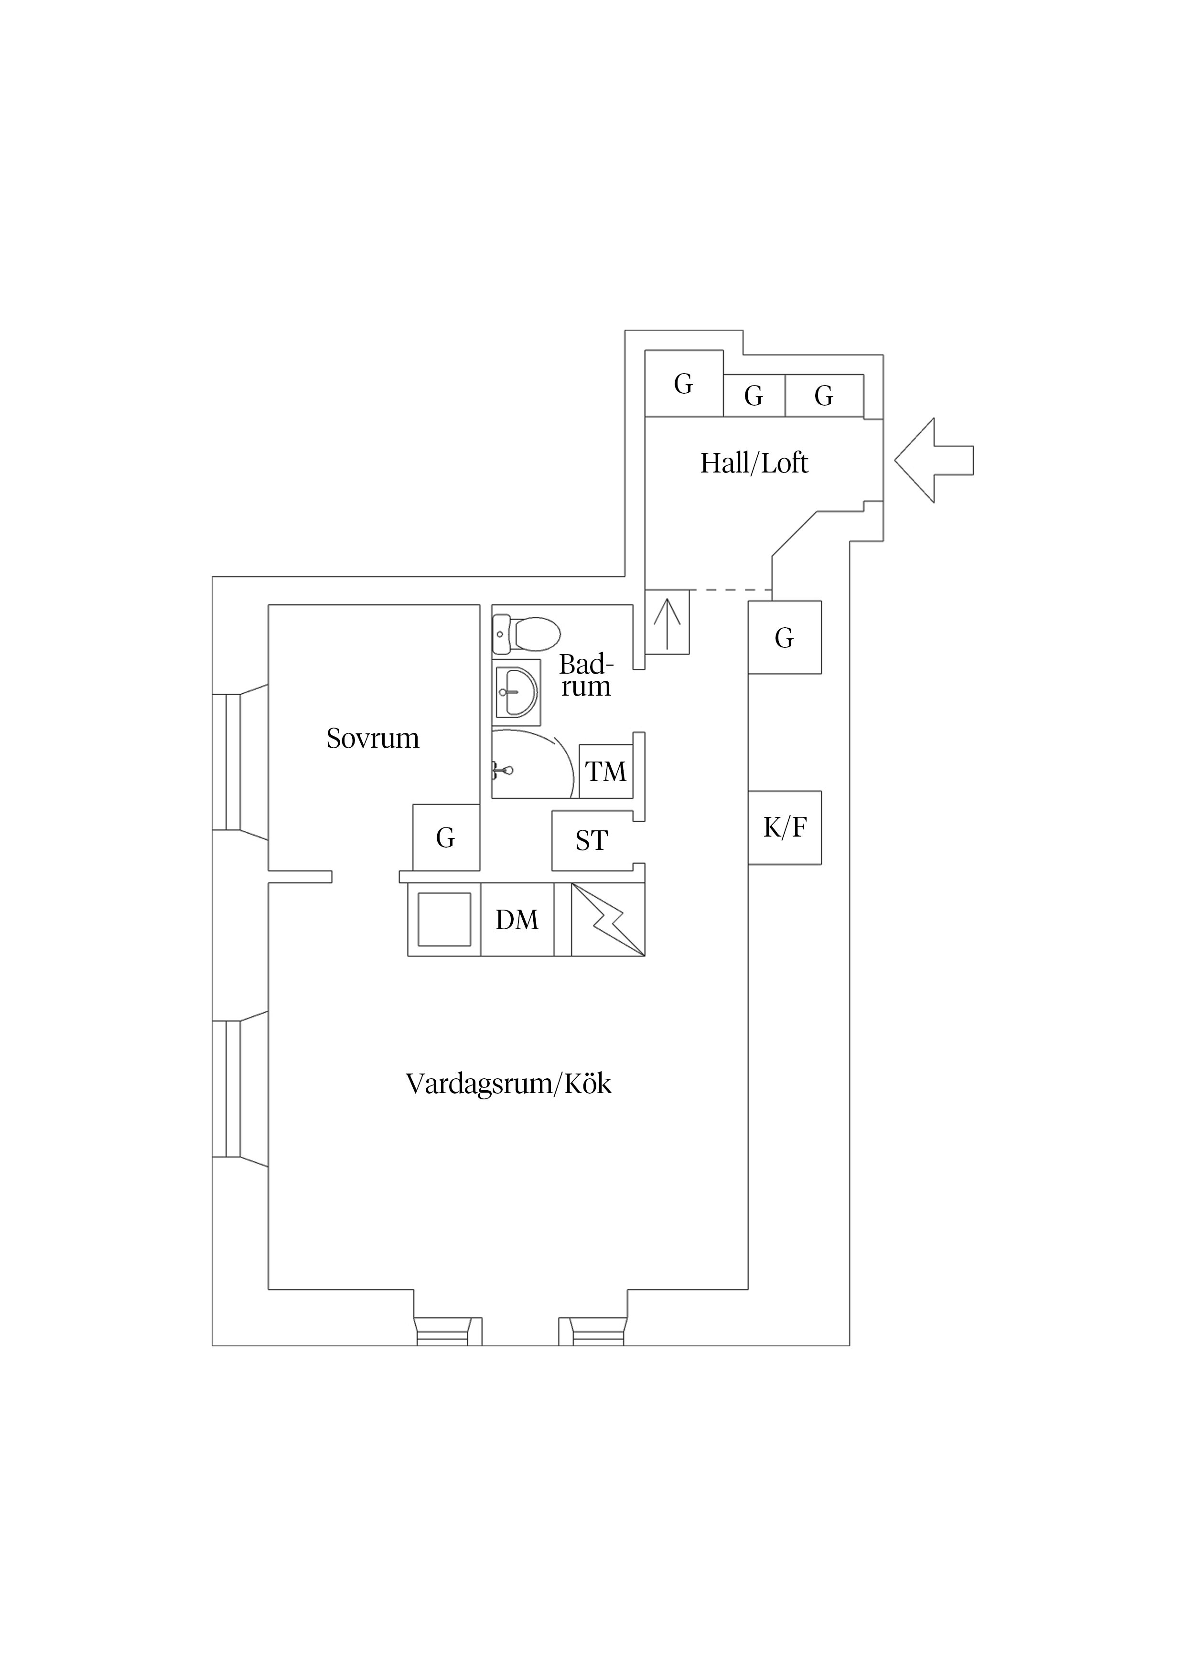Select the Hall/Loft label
754,463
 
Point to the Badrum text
585,675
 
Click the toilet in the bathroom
526,633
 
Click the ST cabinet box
592,840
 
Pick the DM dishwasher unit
517,920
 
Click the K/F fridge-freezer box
785,828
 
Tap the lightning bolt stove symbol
608,919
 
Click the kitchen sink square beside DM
444,920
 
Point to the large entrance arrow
934,460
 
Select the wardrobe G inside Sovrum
446,837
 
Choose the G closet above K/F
785,637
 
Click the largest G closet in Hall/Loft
684,383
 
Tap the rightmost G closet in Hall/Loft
824,396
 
